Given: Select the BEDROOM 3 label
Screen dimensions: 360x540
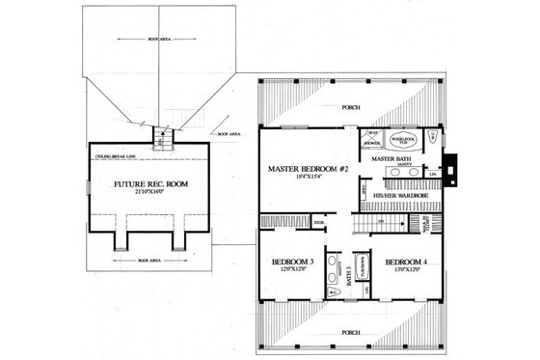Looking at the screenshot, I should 293,262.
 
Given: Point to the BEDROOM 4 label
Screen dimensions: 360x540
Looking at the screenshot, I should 406,262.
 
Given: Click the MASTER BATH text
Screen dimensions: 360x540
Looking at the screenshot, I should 391,158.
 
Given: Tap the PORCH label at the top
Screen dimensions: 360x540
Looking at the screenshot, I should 352,107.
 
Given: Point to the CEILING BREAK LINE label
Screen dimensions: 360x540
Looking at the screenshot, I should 113,153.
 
